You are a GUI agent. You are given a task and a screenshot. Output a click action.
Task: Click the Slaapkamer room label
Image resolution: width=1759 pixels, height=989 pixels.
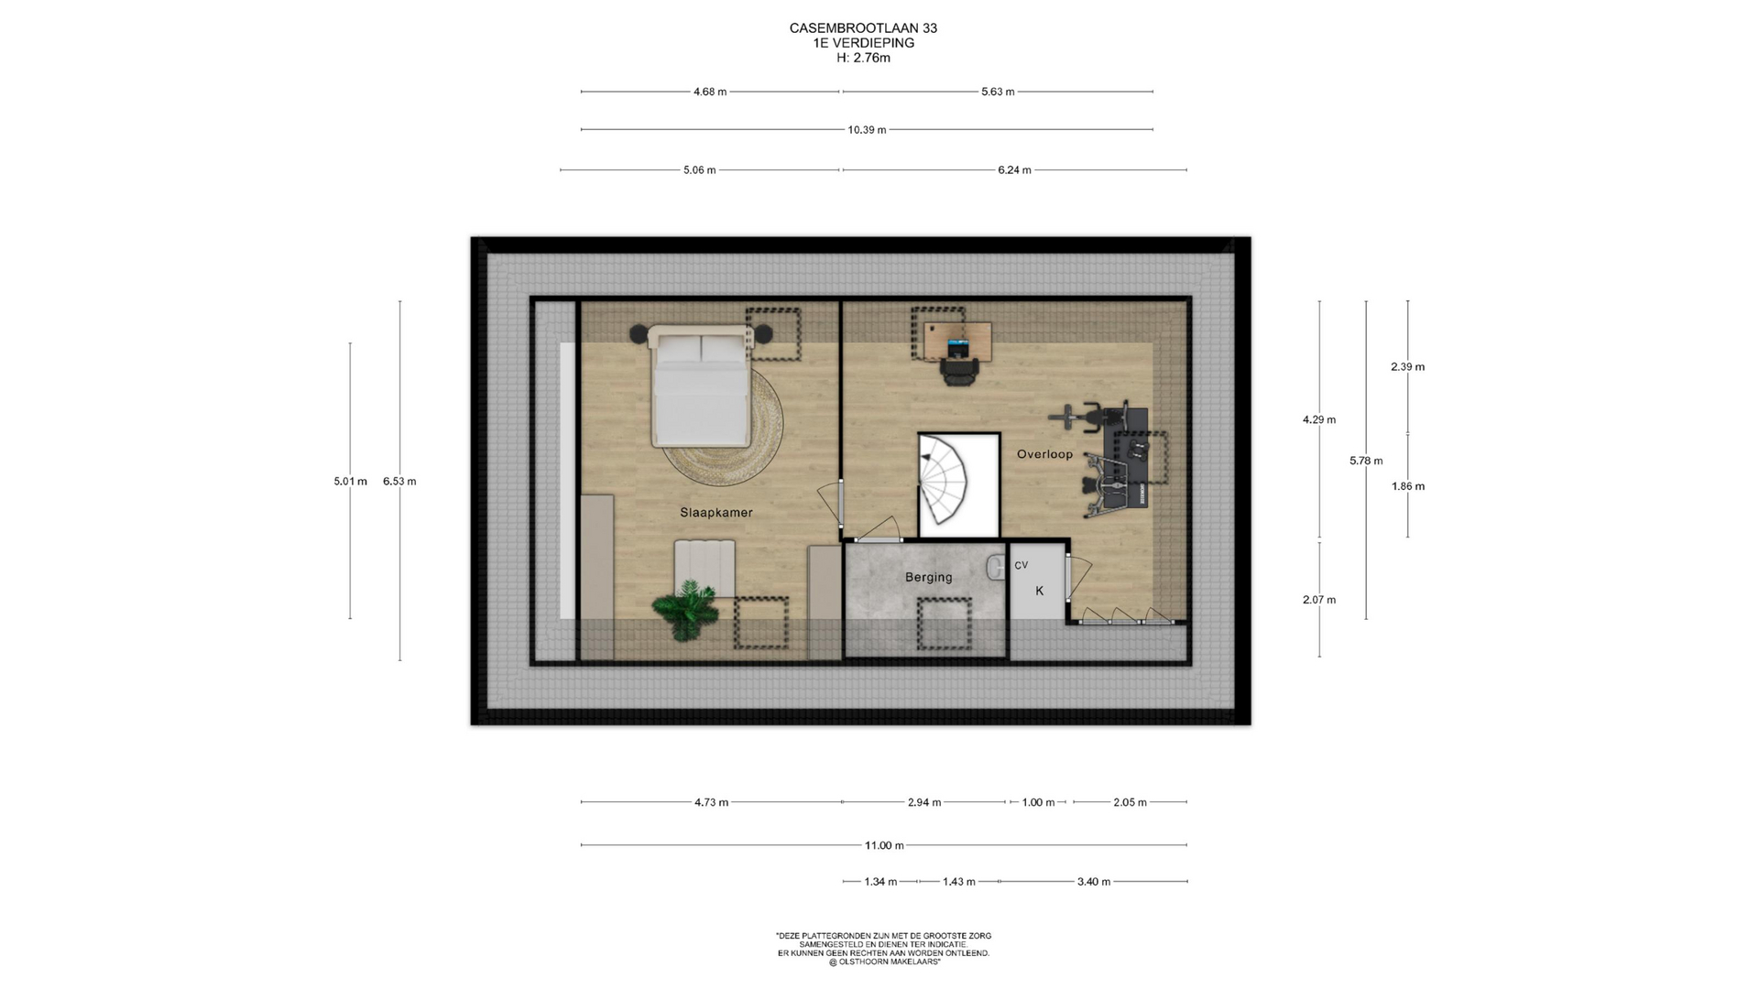716,513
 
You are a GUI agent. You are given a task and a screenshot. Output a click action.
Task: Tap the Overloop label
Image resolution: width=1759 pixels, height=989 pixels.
1044,454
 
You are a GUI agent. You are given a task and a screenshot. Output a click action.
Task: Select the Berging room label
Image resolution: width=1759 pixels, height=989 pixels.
928,578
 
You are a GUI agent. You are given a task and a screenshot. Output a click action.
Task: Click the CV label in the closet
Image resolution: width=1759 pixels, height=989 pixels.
1021,566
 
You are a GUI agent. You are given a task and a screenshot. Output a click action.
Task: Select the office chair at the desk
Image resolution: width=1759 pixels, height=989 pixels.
959,369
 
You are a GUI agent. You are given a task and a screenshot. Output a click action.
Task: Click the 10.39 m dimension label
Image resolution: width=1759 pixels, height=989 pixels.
867,130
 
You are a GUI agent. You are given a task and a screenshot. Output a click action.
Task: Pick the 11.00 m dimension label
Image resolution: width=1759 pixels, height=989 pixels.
884,845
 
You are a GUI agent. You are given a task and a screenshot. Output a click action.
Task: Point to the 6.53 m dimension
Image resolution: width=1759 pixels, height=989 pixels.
399,482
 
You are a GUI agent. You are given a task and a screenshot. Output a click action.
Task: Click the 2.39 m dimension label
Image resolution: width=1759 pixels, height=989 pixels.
1407,367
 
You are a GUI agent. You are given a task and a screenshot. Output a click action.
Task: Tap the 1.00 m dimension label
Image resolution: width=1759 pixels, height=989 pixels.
1038,802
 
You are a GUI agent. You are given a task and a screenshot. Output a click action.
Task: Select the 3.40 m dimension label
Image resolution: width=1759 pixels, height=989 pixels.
1093,882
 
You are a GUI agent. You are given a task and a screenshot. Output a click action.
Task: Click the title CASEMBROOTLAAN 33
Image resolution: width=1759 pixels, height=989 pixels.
863,28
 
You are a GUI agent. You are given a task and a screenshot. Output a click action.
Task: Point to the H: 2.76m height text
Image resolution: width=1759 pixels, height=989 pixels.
863,58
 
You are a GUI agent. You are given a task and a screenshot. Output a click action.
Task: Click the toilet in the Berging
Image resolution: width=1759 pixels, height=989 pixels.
997,568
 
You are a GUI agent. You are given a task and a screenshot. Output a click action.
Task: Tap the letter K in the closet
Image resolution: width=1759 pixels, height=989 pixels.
1040,592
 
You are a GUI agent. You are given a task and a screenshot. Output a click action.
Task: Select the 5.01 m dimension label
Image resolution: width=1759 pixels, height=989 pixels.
350,482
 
